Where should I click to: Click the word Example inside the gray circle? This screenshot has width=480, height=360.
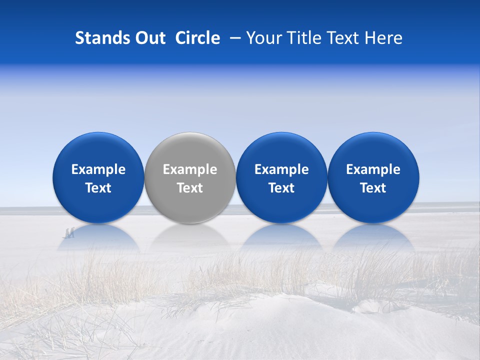(x=190, y=169)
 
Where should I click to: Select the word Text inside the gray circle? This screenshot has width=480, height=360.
(x=190, y=188)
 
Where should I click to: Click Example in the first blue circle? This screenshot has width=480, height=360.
(x=98, y=169)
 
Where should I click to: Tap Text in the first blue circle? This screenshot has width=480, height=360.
(x=98, y=188)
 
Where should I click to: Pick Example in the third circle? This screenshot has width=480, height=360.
(x=281, y=169)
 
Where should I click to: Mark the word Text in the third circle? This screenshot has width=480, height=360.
(x=281, y=188)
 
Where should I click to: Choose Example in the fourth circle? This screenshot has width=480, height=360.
(x=373, y=169)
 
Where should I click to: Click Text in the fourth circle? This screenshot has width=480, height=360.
(x=373, y=188)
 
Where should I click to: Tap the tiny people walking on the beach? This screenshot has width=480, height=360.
(x=69, y=232)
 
